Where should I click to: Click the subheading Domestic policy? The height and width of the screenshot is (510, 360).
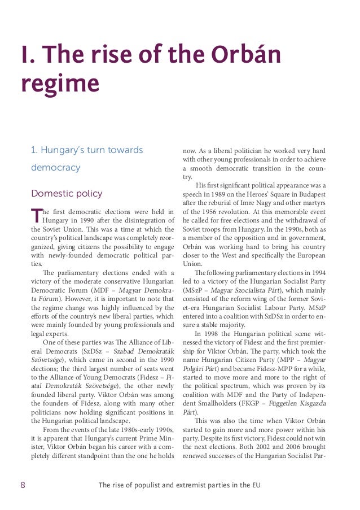coord(67,193)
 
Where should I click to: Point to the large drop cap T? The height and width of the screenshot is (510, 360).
coord(36,215)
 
